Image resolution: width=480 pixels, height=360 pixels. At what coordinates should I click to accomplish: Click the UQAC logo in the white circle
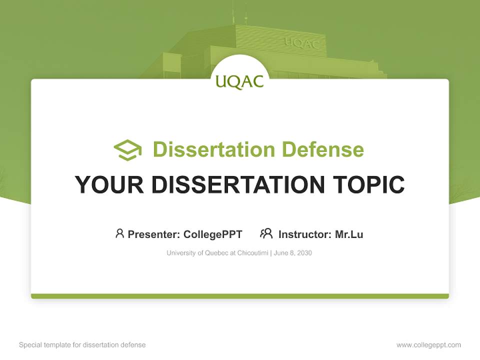pos(240,81)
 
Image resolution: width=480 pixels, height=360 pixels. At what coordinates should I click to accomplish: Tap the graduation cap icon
pos(127,150)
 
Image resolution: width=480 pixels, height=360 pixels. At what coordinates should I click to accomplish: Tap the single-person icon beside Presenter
pos(119,233)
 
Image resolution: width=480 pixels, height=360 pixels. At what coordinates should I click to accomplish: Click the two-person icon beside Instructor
pos(266,233)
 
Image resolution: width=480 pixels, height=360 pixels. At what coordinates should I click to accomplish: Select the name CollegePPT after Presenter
pos(212,234)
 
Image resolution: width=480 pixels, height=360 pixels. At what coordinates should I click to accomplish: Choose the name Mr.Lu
pos(349,234)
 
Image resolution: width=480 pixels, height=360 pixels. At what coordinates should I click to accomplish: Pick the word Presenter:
pos(154,234)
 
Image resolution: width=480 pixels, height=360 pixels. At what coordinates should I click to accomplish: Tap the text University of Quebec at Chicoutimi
pos(217,253)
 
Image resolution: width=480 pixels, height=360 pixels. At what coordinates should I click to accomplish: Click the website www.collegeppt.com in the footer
pos(428,345)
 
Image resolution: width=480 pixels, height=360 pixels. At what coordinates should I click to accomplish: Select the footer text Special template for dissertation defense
pos(82,345)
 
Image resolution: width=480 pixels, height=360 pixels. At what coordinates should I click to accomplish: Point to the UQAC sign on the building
pos(302,43)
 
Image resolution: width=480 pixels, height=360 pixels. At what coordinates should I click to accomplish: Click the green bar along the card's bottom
pos(240,296)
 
